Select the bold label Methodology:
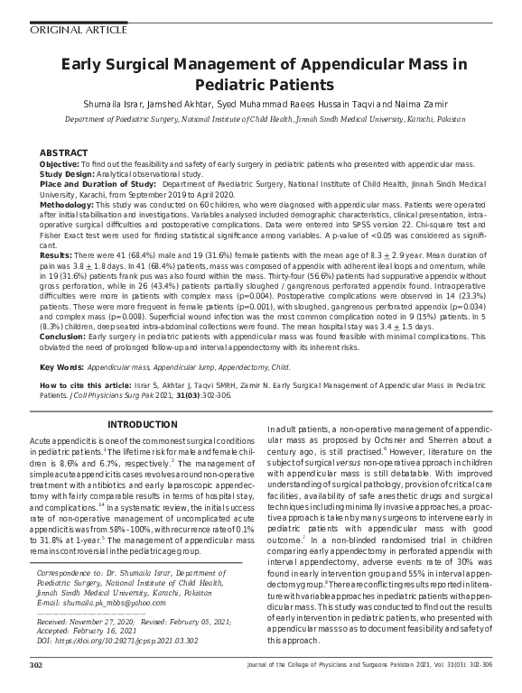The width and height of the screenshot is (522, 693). click(x=69, y=205)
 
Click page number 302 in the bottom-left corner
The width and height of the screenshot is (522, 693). click(x=36, y=665)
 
